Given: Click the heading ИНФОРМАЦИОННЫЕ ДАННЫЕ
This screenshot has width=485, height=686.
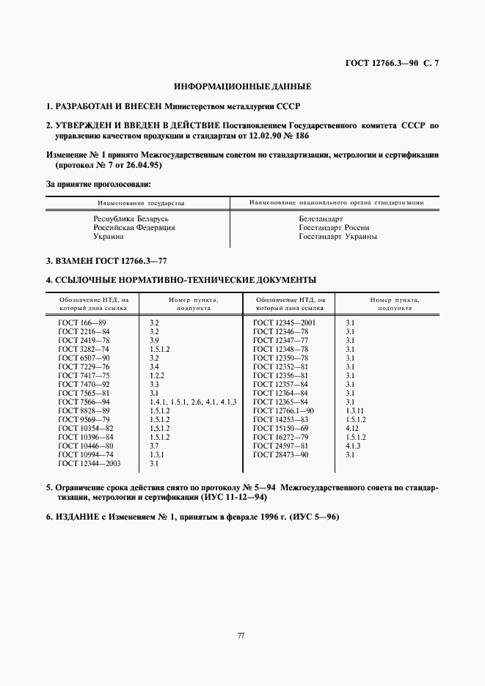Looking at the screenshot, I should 241,86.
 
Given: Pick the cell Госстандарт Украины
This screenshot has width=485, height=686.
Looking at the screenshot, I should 337,237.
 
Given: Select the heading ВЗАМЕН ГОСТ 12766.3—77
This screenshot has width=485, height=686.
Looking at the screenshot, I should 112,261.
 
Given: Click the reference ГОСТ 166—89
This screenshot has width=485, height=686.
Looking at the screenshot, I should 82,322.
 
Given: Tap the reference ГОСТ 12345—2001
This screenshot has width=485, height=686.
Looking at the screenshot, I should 283,322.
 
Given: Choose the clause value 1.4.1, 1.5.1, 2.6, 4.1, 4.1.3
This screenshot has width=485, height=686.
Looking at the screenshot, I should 192,402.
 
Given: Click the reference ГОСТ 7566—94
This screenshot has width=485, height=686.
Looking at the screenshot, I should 84,402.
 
